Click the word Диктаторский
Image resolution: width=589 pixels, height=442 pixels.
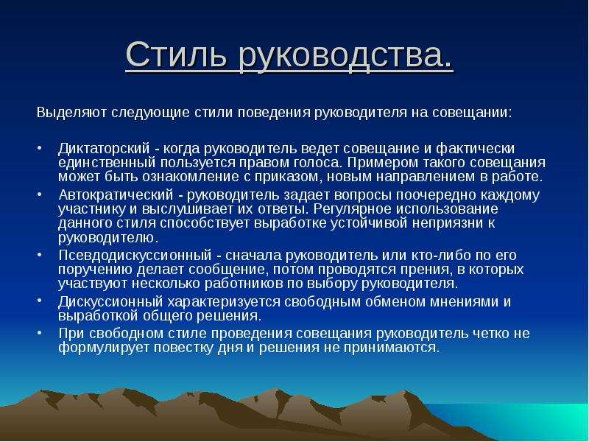coord(104,149)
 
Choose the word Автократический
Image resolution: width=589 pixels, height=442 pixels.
coord(116,195)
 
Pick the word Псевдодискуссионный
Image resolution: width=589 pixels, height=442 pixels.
coord(135,255)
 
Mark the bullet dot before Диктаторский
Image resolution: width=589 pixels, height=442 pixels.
coord(40,147)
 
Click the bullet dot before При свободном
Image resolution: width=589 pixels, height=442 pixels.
coord(40,332)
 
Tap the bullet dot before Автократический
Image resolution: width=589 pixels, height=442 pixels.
coord(40,194)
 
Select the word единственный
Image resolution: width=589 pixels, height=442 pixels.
coord(107,163)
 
